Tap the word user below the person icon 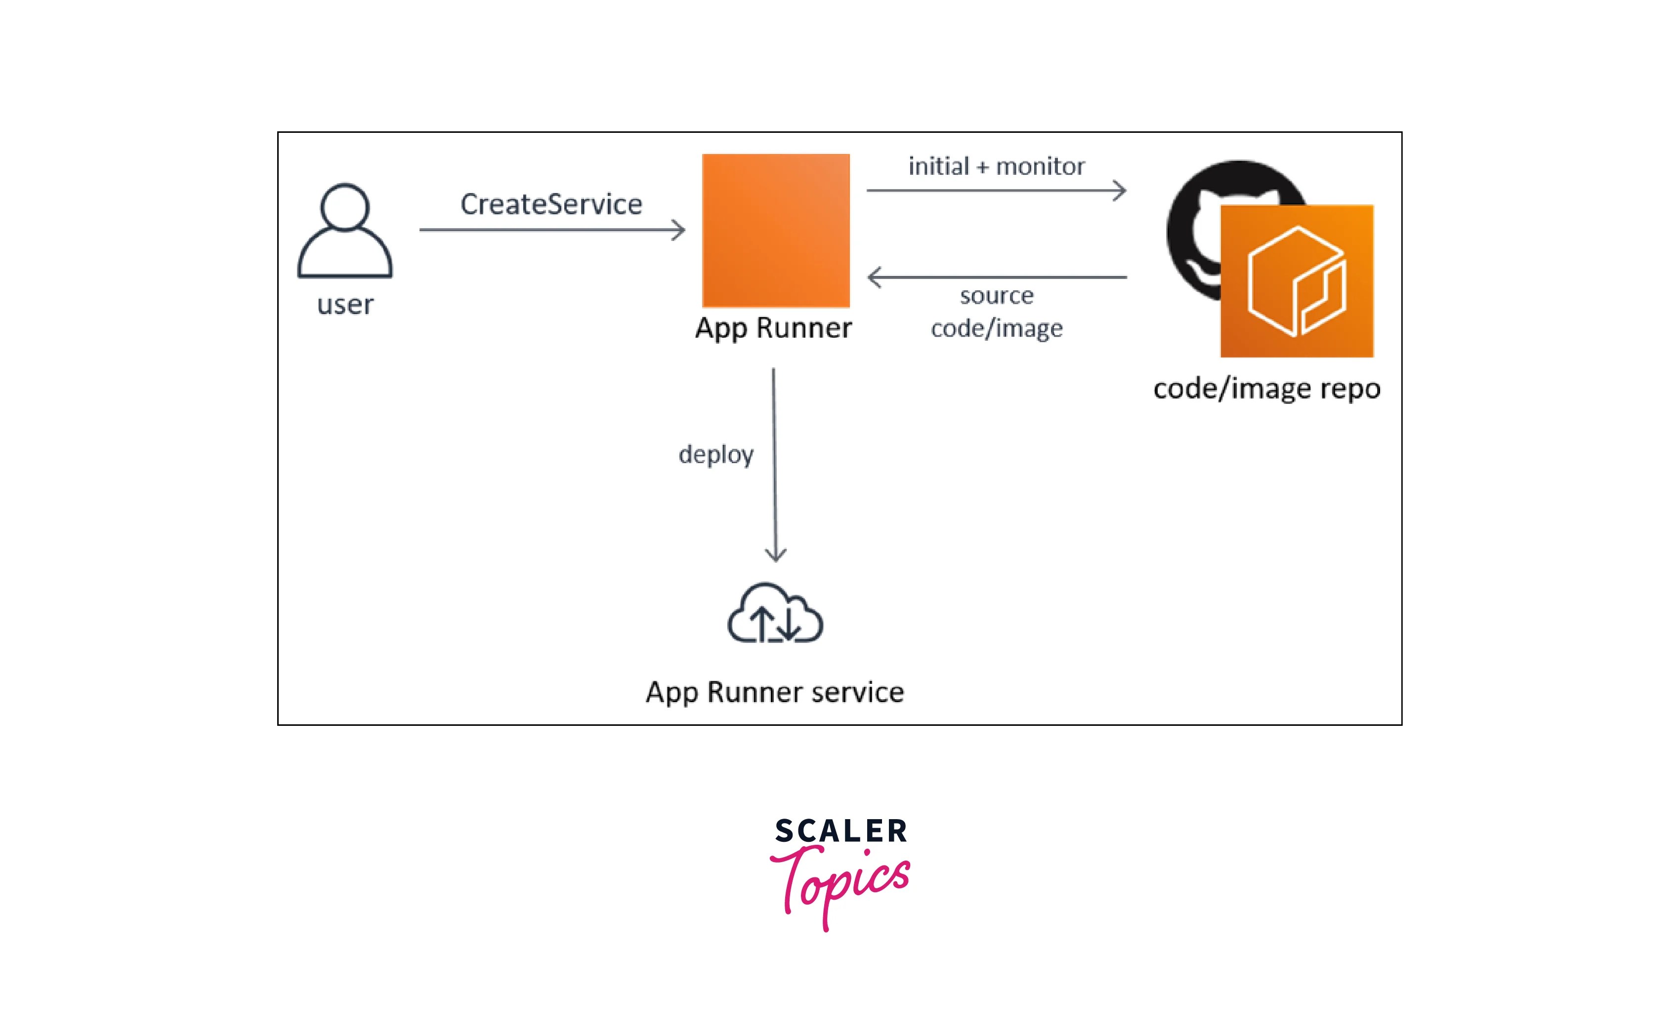click(x=345, y=305)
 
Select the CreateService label click(x=551, y=204)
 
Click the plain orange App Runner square click(x=776, y=231)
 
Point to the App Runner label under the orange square click(x=773, y=328)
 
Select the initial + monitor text click(x=996, y=166)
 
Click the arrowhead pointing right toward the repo click(x=1120, y=190)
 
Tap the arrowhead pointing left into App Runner click(x=874, y=277)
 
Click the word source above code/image click(x=996, y=296)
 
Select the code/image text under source click(x=996, y=328)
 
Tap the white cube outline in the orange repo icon click(x=1296, y=281)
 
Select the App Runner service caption click(x=775, y=692)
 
